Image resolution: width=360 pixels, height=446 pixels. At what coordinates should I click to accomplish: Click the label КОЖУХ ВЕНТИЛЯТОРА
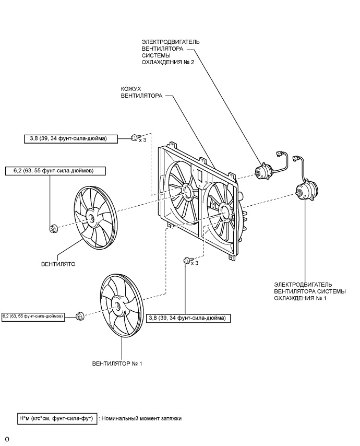click(141, 92)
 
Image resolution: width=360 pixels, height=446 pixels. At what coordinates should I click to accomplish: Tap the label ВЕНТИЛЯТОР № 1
click(117, 363)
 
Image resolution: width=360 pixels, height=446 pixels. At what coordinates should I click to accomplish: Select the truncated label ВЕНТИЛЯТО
click(58, 264)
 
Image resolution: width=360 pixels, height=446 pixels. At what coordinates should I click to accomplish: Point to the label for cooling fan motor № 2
click(170, 52)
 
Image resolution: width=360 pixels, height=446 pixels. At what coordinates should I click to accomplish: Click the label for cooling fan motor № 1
click(310, 291)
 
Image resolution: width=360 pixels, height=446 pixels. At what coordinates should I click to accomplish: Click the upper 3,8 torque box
click(71, 139)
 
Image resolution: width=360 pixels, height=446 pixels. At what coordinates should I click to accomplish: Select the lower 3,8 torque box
click(188, 318)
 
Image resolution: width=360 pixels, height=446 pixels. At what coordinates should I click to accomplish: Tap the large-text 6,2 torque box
click(55, 171)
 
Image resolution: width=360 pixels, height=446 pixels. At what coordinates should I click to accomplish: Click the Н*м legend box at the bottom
click(57, 418)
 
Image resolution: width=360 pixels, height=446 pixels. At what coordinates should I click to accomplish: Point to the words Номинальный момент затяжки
click(141, 418)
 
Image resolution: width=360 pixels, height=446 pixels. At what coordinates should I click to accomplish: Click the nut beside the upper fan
click(53, 228)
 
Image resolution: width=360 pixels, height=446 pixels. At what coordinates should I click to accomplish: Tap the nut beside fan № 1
click(80, 316)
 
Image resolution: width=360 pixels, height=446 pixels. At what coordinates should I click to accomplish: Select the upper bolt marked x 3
click(134, 138)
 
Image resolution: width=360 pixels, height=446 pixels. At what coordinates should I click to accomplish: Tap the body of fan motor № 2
click(262, 172)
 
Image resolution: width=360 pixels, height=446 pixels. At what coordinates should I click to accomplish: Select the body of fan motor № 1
click(306, 192)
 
